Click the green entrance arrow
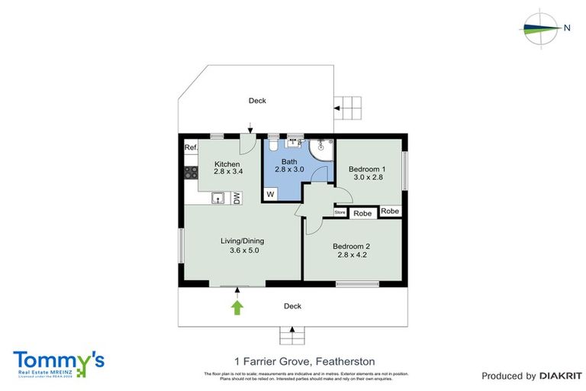point(237,307)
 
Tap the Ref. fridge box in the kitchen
point(191,147)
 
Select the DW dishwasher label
point(237,199)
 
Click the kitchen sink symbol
point(218,199)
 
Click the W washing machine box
point(269,195)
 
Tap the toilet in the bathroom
point(273,147)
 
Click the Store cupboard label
point(340,212)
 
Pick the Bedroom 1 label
point(367,169)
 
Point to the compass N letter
point(567,27)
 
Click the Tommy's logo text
point(58,360)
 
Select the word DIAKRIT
point(560,376)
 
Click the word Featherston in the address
point(349,360)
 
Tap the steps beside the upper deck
point(349,105)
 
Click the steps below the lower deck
point(291,334)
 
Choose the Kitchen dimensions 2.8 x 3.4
point(227,173)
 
